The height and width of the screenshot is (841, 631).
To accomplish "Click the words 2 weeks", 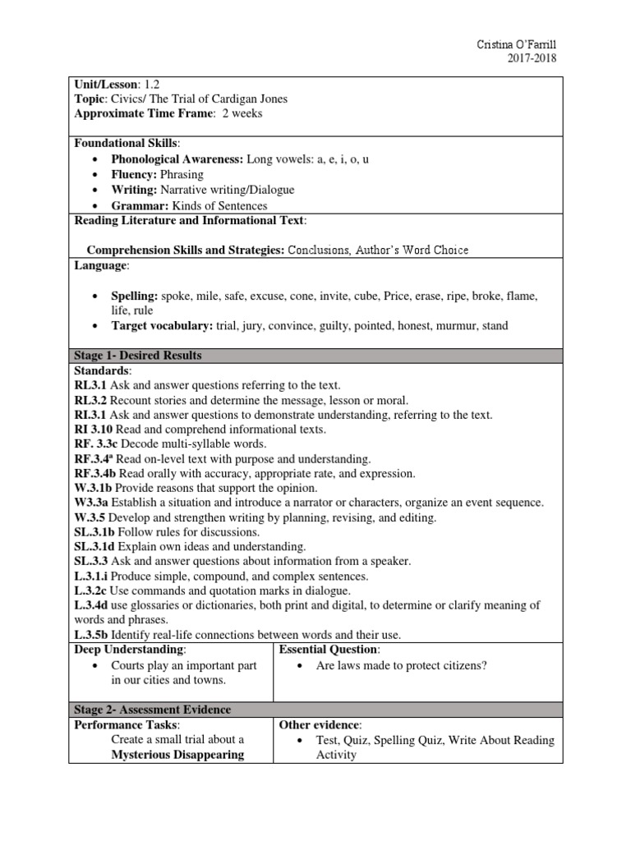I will point(237,114).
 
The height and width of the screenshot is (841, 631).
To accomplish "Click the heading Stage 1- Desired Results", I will point(138,356).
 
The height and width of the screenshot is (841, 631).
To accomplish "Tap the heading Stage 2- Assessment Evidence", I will point(153,709).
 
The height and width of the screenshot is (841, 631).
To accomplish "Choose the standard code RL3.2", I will point(90,400).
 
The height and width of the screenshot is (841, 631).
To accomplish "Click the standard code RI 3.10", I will point(93,430).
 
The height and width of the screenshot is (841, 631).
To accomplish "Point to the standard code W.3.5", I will point(91,517).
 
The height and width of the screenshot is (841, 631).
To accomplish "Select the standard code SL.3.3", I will point(91,561).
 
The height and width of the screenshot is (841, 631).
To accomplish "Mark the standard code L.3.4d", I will point(93,605).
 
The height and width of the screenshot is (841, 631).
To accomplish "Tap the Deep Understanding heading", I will point(128,649).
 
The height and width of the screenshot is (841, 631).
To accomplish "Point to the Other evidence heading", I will point(320,725).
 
